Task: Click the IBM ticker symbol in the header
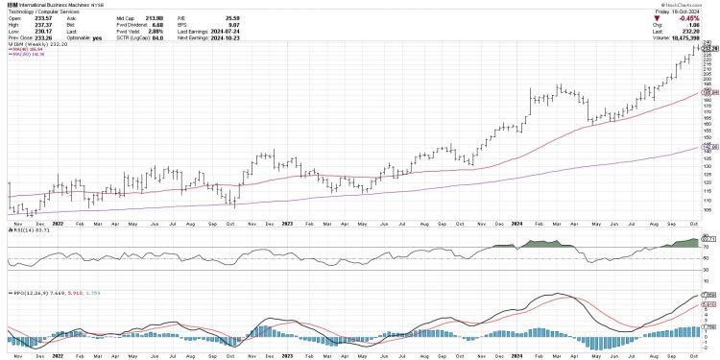[x=10, y=5]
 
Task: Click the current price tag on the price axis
[x=710, y=48]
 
